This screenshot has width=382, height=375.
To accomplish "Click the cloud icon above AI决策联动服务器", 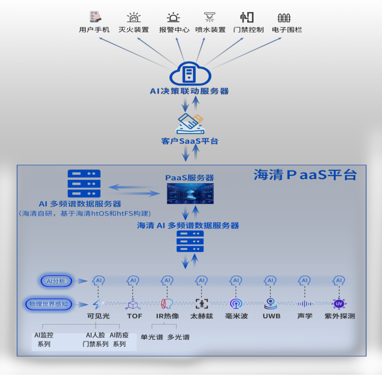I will (x=190, y=74).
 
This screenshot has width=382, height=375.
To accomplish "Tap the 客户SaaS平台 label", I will (x=190, y=141).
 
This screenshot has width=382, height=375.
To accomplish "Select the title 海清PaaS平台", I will (x=305, y=175).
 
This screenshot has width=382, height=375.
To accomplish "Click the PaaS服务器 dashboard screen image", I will (x=190, y=194).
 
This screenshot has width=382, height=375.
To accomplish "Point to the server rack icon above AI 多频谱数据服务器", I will (x=84, y=183).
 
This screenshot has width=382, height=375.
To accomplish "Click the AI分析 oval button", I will (x=56, y=281).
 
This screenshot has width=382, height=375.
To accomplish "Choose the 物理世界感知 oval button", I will (x=49, y=303).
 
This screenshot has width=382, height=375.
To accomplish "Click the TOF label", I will (x=134, y=316).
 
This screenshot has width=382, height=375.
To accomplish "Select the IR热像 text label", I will (x=168, y=316).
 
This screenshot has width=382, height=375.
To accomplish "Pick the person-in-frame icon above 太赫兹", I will (x=202, y=303).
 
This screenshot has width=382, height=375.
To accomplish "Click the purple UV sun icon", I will (x=339, y=303).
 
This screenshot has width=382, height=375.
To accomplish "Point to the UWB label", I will (x=271, y=316).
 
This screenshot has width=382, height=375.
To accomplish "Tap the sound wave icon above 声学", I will (x=305, y=303).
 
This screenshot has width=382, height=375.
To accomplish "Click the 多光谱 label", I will (x=178, y=337).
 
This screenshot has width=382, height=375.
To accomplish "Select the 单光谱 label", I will (x=152, y=337).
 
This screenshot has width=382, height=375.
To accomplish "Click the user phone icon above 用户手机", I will (x=95, y=17).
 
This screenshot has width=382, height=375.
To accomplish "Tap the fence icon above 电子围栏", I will (x=284, y=18).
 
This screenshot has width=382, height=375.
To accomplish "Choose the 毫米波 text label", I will (x=236, y=316).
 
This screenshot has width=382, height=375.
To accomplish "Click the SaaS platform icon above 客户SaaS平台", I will (x=190, y=124).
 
